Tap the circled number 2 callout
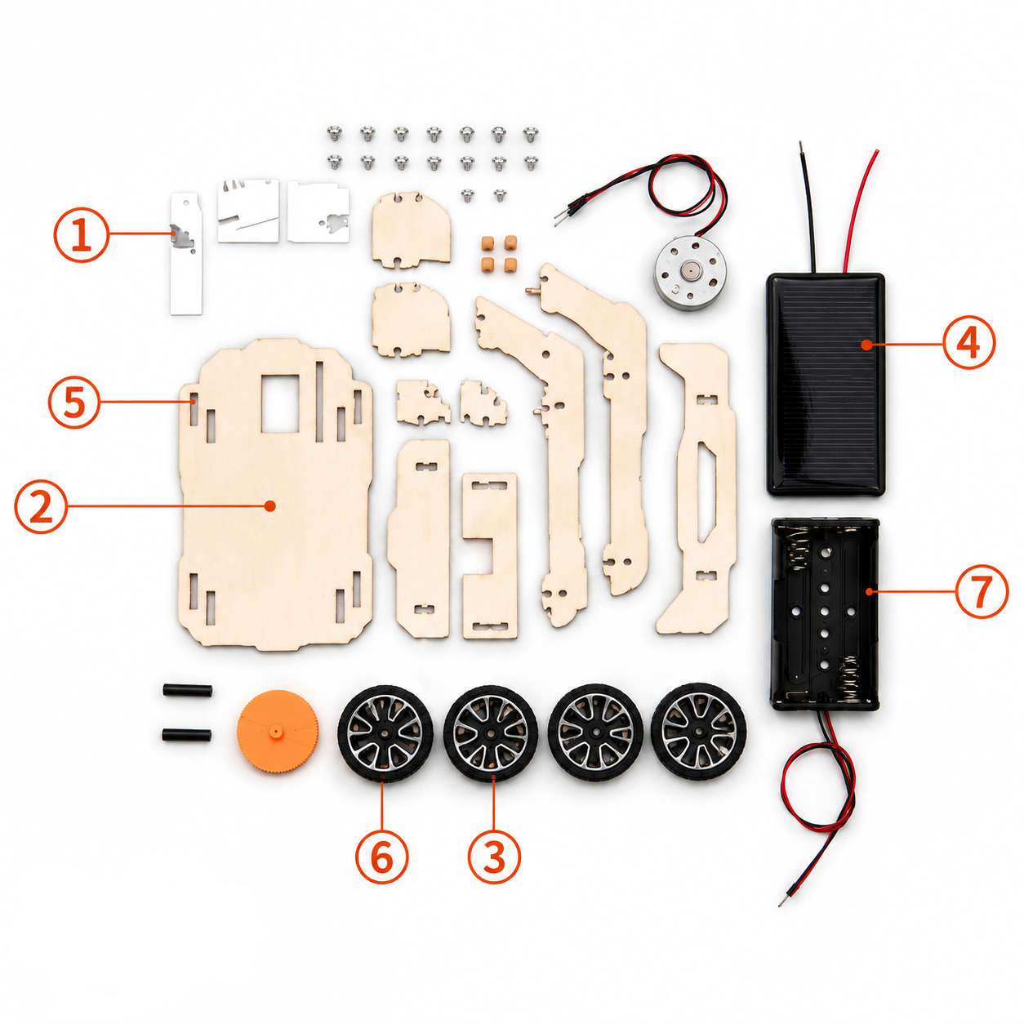pyautogui.click(x=41, y=506)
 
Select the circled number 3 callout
pyautogui.click(x=494, y=856)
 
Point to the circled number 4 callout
pyautogui.click(x=968, y=343)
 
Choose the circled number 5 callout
pyautogui.click(x=73, y=402)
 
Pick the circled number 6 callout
pyautogui.click(x=381, y=856)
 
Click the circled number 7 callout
pyautogui.click(x=982, y=591)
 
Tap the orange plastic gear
pyautogui.click(x=278, y=732)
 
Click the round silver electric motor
pyautogui.click(x=690, y=273)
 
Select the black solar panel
pyautogui.click(x=826, y=384)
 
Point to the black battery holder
pyautogui.click(x=824, y=614)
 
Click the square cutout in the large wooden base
pyautogui.click(x=280, y=403)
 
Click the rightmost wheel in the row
pyautogui.click(x=699, y=731)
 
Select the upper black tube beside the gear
pyautogui.click(x=187, y=691)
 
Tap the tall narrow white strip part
pyautogui.click(x=186, y=254)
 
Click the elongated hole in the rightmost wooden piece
pyautogui.click(x=707, y=493)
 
